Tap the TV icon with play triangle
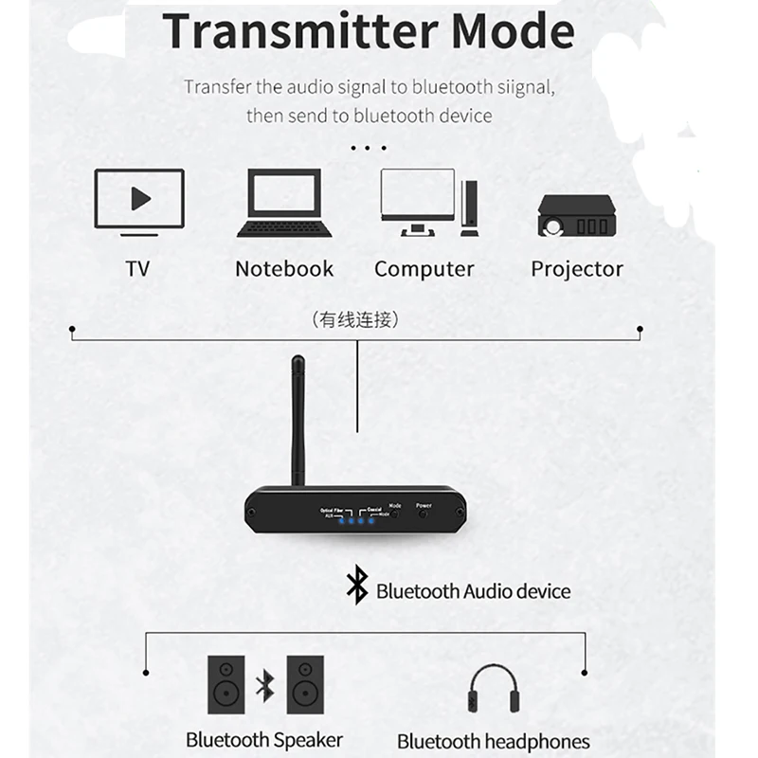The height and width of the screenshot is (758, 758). [139, 201]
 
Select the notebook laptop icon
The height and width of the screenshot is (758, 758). [284, 203]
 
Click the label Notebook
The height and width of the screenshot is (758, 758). [284, 269]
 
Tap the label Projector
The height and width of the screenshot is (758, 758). [577, 269]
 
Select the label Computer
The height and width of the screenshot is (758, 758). [424, 269]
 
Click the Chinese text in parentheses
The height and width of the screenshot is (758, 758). [355, 320]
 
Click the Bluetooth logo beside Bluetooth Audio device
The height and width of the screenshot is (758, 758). [356, 587]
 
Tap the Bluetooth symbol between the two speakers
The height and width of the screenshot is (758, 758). [265, 684]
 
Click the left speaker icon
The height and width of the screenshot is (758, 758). [226, 684]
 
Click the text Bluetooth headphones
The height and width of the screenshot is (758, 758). [493, 741]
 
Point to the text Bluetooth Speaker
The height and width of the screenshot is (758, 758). [264, 739]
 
